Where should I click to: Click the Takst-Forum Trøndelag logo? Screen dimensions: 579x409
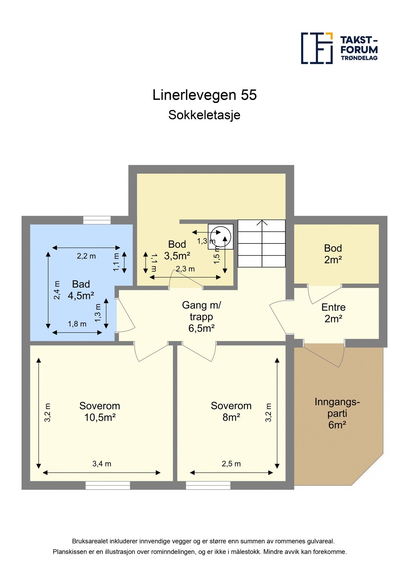[x=339, y=48]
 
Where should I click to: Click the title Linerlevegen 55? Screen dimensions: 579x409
[x=204, y=95]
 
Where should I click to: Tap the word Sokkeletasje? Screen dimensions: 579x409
[x=204, y=115]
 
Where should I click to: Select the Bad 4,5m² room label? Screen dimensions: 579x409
[x=81, y=290]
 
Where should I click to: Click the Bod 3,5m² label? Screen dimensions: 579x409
[x=177, y=250]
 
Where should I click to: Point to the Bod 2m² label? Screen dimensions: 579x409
[x=333, y=254]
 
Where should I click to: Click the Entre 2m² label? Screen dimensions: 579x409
[x=333, y=313]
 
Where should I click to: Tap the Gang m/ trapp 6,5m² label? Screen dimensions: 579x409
[x=201, y=317]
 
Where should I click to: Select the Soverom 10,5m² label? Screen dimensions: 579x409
[x=100, y=411]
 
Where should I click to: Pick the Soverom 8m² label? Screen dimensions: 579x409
[x=231, y=411]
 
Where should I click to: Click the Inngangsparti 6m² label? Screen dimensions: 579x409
[x=337, y=413]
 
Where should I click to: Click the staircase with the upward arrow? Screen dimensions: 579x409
[x=262, y=244]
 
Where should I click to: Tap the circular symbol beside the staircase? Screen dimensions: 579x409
[x=220, y=236]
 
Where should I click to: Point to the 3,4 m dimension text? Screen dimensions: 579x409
[x=102, y=464]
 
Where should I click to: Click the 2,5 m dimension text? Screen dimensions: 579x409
[x=231, y=464]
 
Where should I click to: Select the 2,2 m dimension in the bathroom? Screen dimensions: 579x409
[x=86, y=256]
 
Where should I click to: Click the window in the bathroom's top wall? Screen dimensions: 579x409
[x=97, y=220]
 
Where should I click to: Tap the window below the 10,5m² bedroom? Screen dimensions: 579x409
[x=108, y=485]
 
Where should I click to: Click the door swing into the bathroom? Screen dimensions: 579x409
[x=125, y=315]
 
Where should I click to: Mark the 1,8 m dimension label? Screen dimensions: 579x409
[x=77, y=324]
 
